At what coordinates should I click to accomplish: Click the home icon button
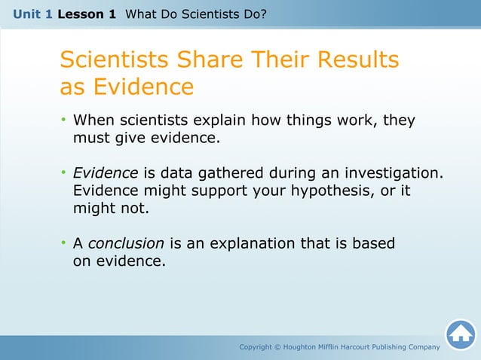pos(460,334)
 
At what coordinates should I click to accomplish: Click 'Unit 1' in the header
pos(32,14)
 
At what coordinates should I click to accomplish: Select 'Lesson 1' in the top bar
pos(86,14)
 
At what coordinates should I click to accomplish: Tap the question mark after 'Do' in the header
pos(263,14)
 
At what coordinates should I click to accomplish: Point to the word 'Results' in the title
pos(356,59)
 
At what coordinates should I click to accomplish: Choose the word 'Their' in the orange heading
pos(284,59)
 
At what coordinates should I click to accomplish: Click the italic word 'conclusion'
pos(126,243)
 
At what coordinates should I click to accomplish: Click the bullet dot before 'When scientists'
pos(64,121)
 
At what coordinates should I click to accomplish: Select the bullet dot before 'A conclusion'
pos(64,243)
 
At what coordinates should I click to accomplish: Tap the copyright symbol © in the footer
pos(276,346)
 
